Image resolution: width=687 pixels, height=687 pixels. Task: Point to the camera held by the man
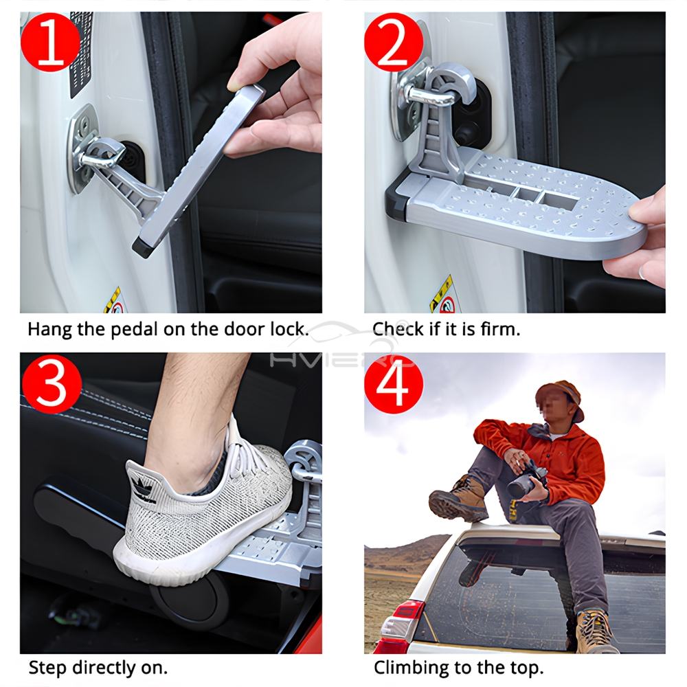coord(525,480)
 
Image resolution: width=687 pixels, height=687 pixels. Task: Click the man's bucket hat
coord(559,398)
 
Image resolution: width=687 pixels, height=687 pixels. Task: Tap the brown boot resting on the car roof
coord(459,498)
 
